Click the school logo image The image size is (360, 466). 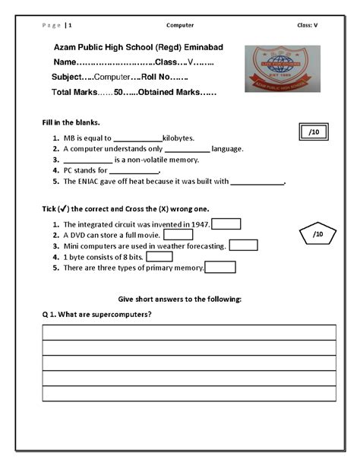pos(282,69)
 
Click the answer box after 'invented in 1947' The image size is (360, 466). pos(226,223)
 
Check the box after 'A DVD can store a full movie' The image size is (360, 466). pos(178,235)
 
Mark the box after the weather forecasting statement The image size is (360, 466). pos(243,246)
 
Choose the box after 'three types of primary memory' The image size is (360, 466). pos(220,268)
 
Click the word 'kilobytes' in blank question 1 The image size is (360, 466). pos(178,138)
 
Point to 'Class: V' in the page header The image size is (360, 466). pos(308,25)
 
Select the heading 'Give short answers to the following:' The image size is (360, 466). pos(180,299)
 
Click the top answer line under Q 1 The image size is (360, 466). pos(188,332)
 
